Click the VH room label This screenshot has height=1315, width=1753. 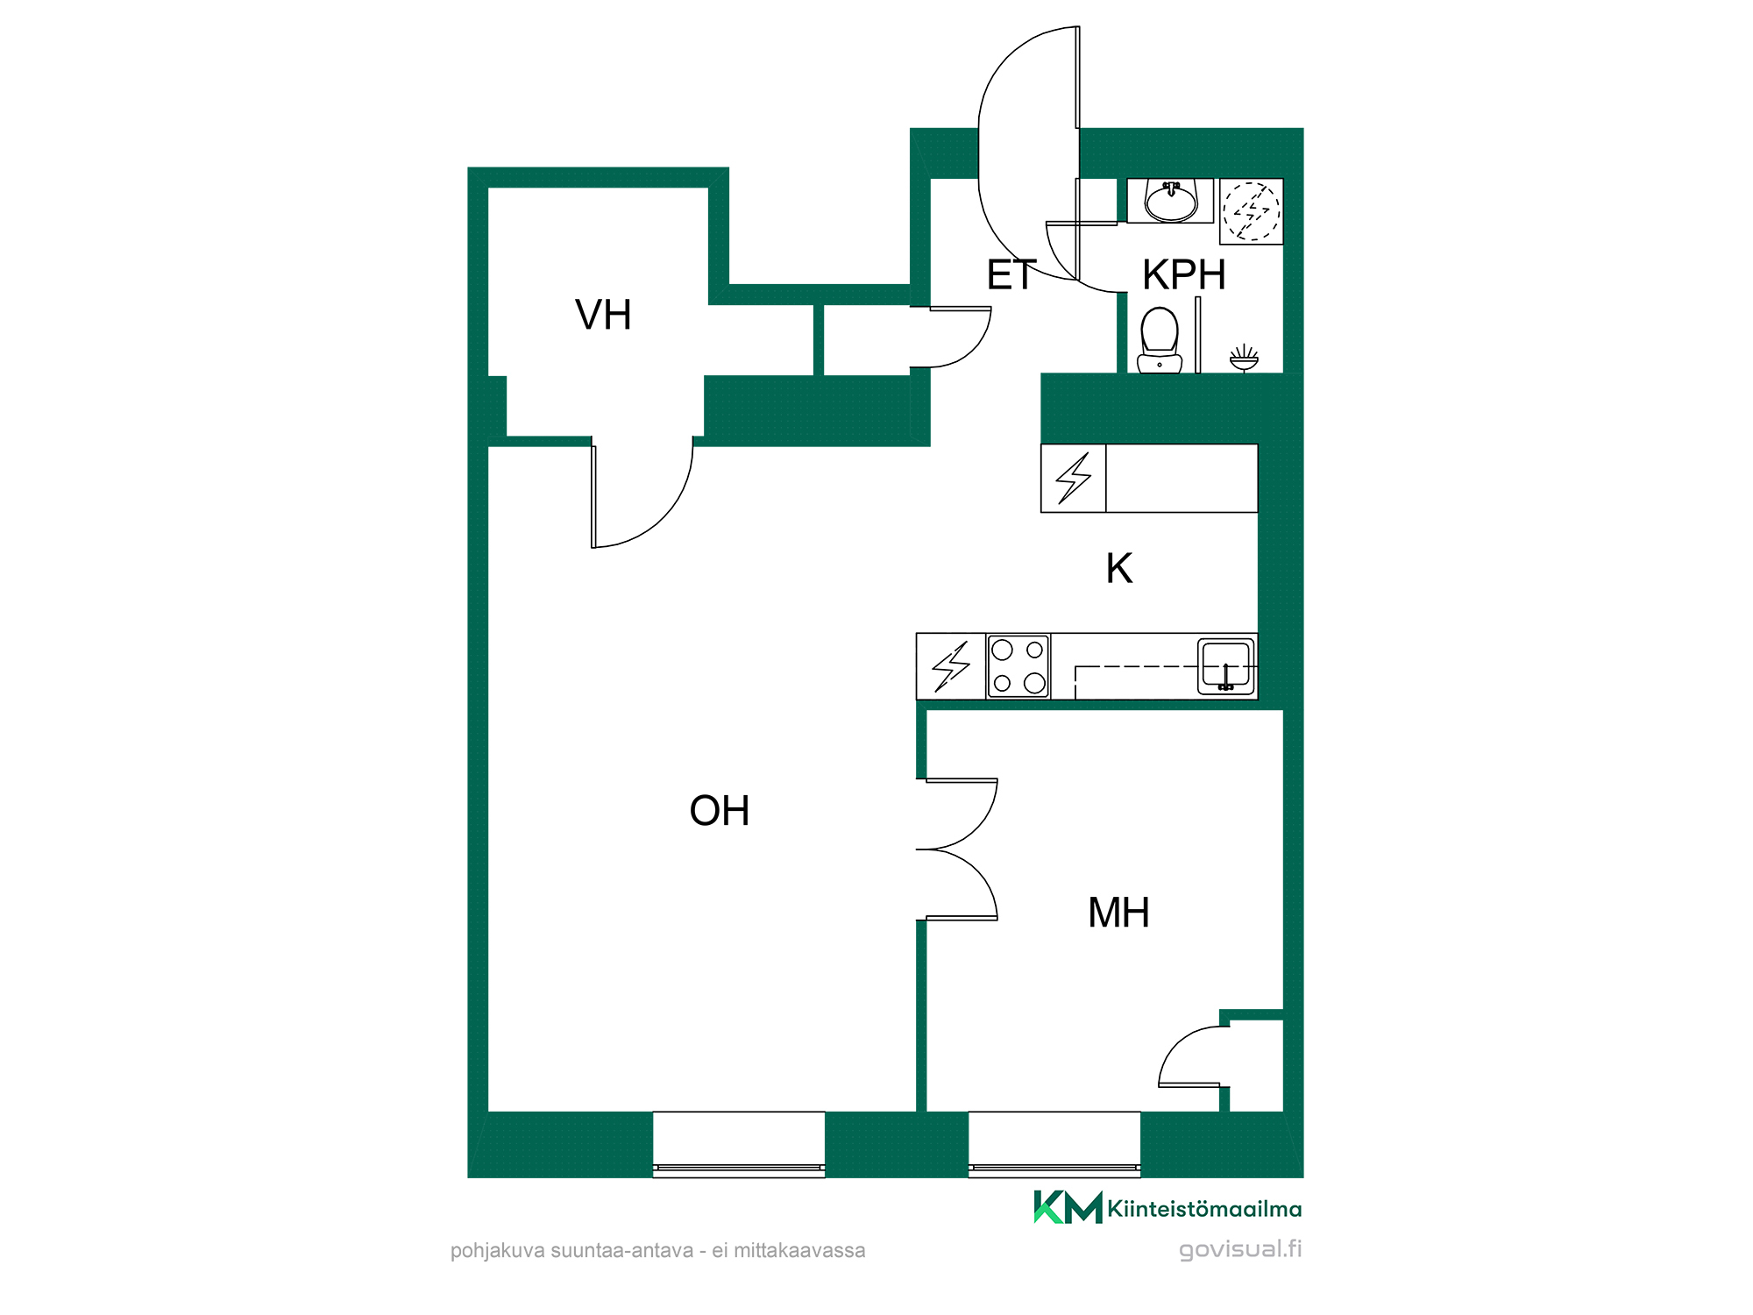click(603, 315)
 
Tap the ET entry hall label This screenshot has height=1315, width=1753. click(1011, 275)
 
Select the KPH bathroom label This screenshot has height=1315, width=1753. click(1183, 275)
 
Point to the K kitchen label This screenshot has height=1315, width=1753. click(1119, 568)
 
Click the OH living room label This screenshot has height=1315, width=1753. click(720, 811)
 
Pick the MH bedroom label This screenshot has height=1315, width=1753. click(1118, 913)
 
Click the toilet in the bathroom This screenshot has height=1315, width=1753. click(1160, 340)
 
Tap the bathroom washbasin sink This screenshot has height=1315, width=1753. click(1171, 202)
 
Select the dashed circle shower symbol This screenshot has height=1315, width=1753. click(1252, 211)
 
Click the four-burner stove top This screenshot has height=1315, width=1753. click(1018, 666)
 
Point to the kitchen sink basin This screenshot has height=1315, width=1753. click(1226, 666)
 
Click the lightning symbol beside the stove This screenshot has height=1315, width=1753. click(951, 666)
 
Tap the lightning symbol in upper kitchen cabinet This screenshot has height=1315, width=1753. click(1074, 478)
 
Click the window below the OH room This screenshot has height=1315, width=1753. click(739, 1144)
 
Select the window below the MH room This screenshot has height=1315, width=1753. click(1054, 1144)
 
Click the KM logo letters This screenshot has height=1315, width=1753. click(1068, 1207)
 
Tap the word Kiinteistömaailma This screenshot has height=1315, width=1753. click(1204, 1209)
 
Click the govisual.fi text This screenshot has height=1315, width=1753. click(1240, 1249)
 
